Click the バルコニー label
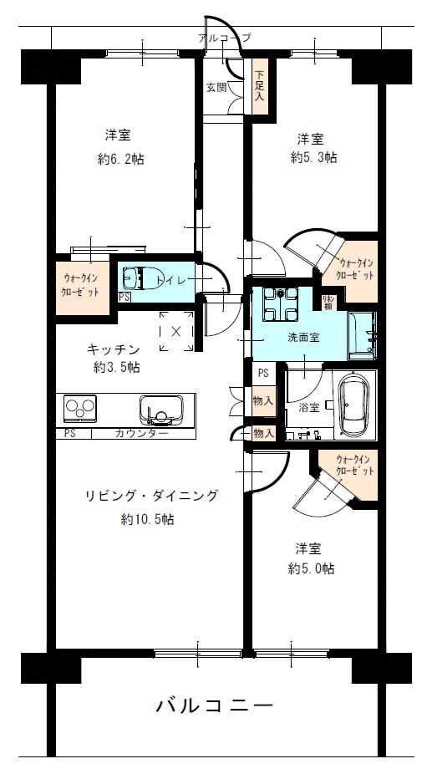(x=215, y=705)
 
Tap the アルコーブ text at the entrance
(x=224, y=38)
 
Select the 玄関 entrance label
(x=216, y=86)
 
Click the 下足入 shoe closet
(x=259, y=86)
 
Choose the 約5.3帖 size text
(x=313, y=156)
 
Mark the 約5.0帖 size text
(x=312, y=568)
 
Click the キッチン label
(x=112, y=349)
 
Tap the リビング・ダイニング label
(x=150, y=496)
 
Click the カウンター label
(x=141, y=433)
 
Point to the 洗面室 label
(x=303, y=338)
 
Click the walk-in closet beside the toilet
(x=82, y=286)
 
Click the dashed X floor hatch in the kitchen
(x=175, y=331)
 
